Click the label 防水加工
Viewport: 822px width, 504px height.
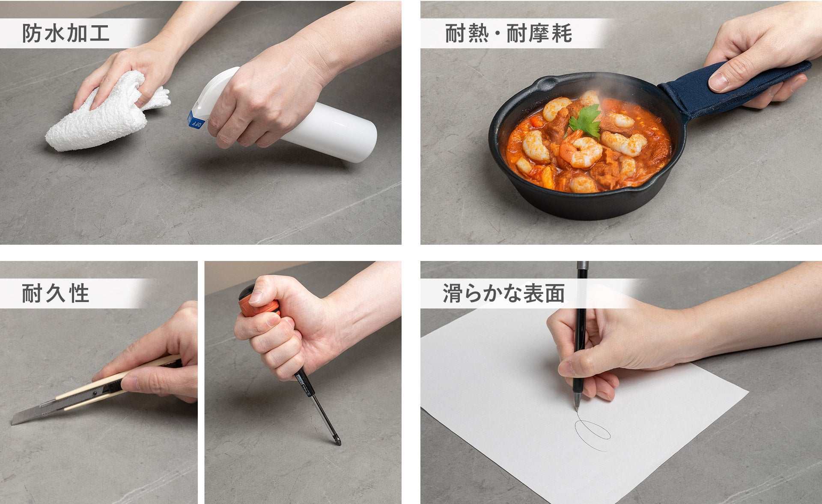(x=66, y=34)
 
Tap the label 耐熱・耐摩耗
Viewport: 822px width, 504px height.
(x=508, y=34)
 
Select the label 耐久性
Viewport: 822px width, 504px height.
(x=55, y=294)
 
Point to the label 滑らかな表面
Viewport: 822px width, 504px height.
(x=503, y=294)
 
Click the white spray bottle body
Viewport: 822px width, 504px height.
(x=330, y=133)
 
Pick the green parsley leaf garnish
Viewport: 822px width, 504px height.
(x=586, y=121)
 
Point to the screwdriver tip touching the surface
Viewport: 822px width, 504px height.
(x=339, y=443)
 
